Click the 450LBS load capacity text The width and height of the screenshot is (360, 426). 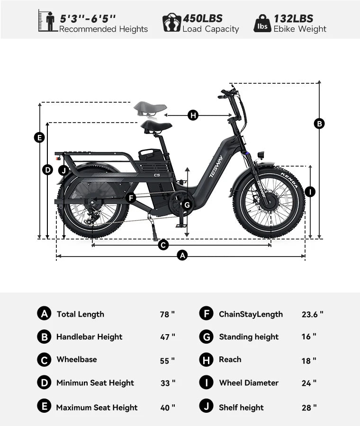[x=203, y=18]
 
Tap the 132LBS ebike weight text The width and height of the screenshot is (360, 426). [x=293, y=18]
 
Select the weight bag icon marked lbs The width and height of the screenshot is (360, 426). [x=262, y=24]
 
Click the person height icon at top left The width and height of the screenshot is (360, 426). [x=48, y=21]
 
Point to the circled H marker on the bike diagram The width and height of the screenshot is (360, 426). [x=193, y=115]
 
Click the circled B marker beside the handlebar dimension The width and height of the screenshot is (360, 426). [x=319, y=124]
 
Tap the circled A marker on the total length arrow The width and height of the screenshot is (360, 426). [x=182, y=256]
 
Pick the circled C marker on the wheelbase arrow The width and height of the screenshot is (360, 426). [x=163, y=245]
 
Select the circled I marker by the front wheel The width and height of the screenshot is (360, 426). [x=310, y=192]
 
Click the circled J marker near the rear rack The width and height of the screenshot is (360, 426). [x=63, y=170]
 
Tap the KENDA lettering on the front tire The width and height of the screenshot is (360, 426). [x=289, y=179]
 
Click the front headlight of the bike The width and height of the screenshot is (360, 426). [x=261, y=155]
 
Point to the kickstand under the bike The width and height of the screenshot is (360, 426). [x=153, y=228]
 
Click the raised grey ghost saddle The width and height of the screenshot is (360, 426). [x=150, y=108]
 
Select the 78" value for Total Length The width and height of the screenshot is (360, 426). [x=167, y=314]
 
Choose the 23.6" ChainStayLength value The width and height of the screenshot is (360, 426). [x=313, y=314]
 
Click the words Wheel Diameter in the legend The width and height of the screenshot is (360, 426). [x=249, y=383]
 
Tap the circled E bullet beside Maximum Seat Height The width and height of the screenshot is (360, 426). [x=44, y=407]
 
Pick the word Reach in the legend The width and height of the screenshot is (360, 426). [x=230, y=359]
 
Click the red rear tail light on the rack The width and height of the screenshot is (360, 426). [x=57, y=158]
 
